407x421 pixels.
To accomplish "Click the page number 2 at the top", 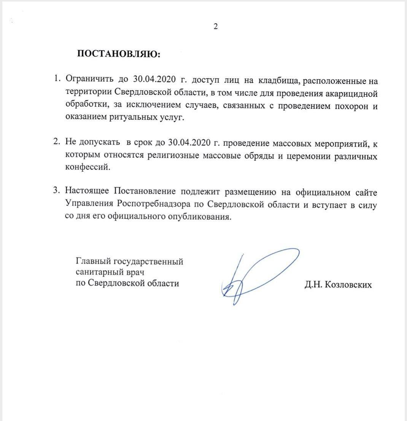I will [215, 27].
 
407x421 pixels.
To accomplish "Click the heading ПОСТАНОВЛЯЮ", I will [119, 54].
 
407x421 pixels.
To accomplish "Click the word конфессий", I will [86, 168].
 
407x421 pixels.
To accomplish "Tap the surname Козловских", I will [348, 285].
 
